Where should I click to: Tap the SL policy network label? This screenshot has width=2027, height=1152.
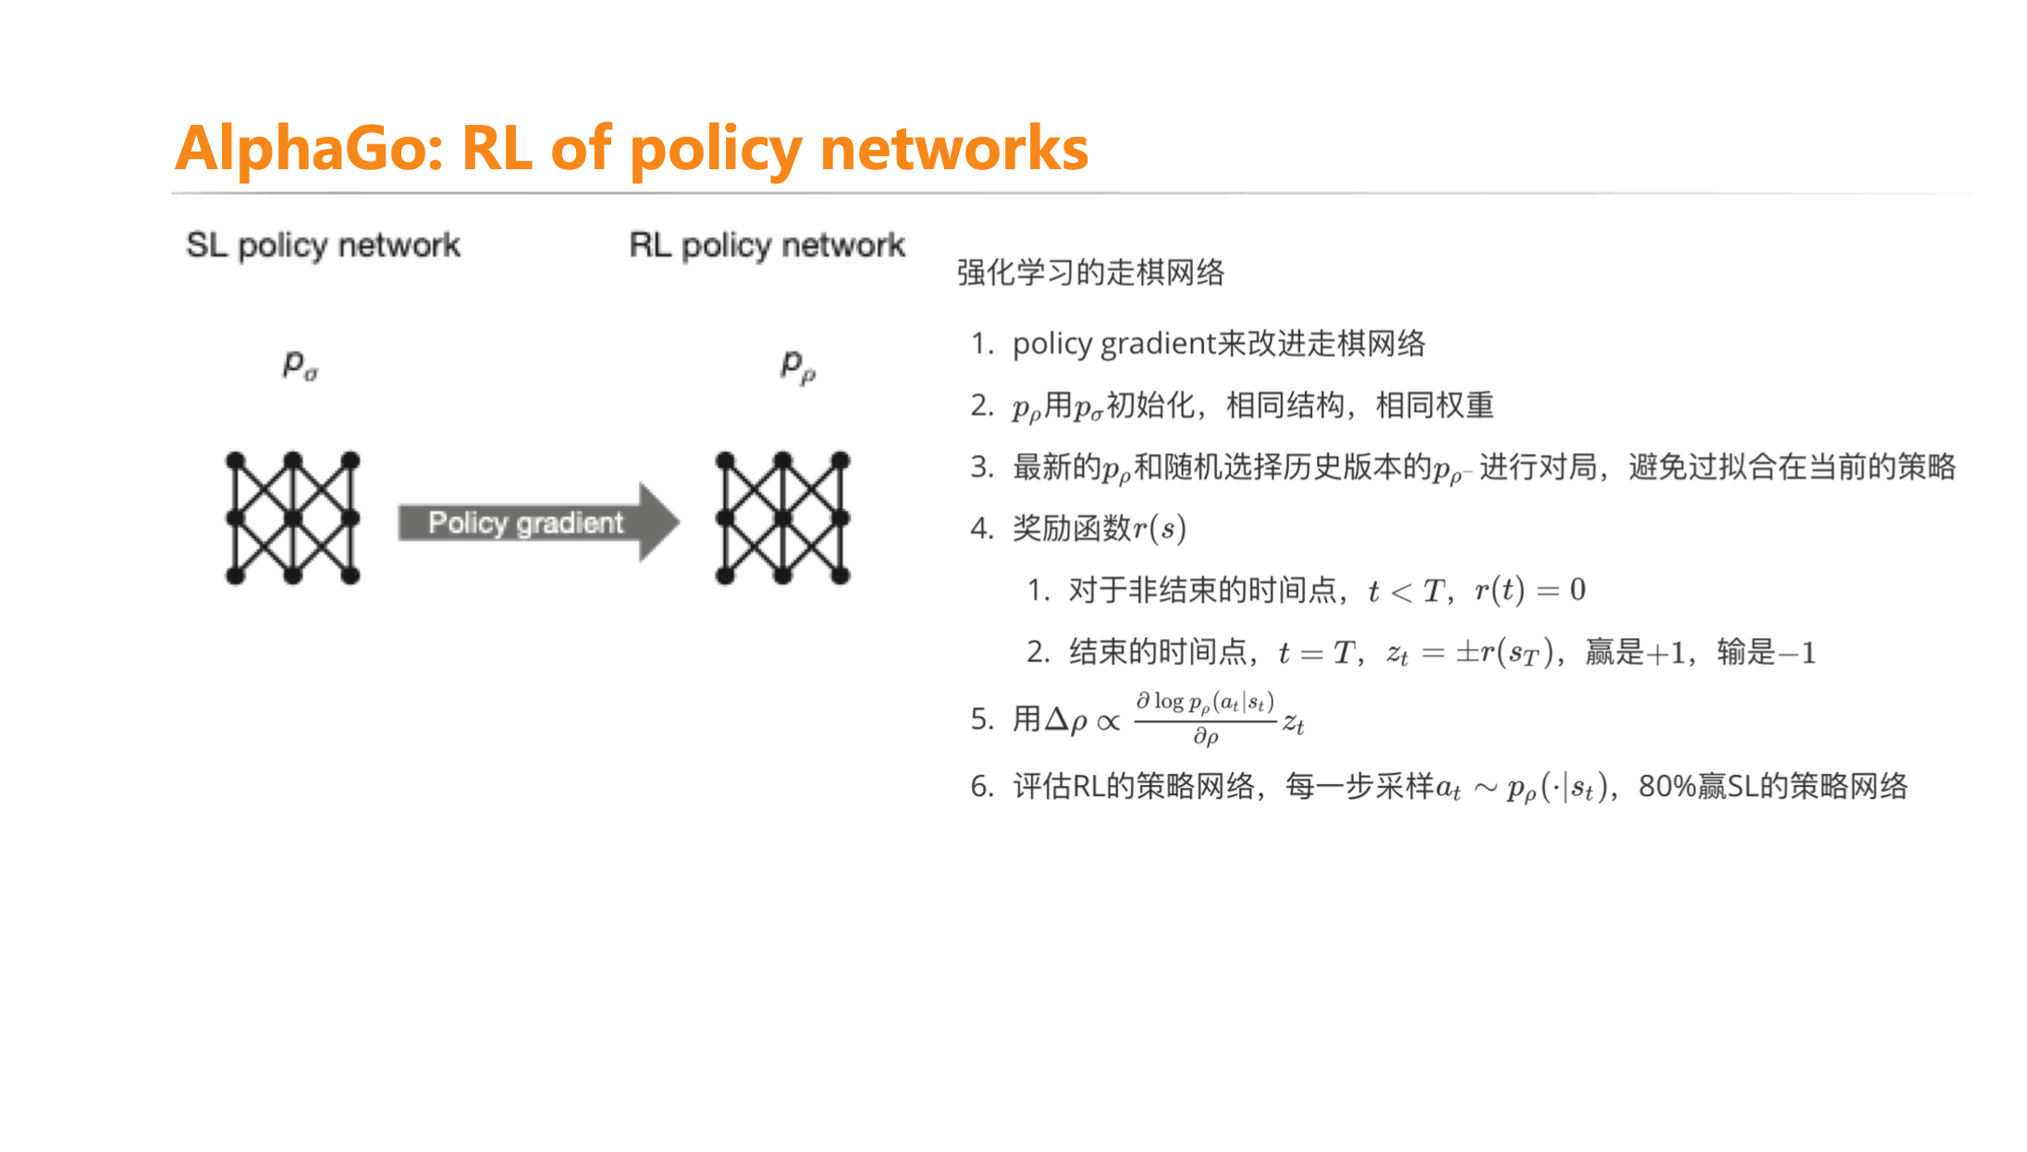click(x=323, y=245)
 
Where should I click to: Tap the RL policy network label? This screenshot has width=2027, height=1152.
click(x=767, y=245)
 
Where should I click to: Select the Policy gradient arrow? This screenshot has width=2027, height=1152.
click(x=536, y=522)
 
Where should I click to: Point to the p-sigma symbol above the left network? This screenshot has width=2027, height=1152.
click(x=300, y=364)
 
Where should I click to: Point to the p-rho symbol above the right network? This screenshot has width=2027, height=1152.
click(x=797, y=366)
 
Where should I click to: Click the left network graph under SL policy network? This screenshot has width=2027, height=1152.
click(x=292, y=518)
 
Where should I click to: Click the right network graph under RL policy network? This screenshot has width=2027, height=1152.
click(x=782, y=518)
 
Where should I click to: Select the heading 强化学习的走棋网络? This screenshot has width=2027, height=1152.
click(x=1090, y=273)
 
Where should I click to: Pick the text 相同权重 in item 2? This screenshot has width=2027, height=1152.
click(x=1434, y=405)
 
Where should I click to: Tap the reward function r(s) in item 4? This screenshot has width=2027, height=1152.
click(x=1160, y=528)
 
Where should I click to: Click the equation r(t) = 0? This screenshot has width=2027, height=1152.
click(x=1529, y=590)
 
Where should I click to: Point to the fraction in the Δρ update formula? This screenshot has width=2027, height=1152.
click(x=1205, y=718)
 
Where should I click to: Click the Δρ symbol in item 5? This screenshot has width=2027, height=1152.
click(x=1065, y=719)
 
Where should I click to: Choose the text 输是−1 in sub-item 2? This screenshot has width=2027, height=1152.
click(x=1766, y=653)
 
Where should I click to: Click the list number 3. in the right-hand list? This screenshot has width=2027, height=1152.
click(x=981, y=467)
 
